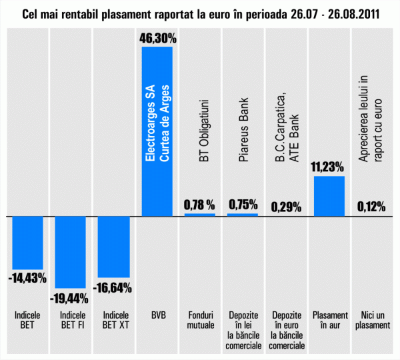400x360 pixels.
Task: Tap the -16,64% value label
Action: click(x=114, y=288)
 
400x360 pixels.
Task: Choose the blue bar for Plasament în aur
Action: click(x=329, y=196)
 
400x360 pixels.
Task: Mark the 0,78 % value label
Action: click(x=199, y=205)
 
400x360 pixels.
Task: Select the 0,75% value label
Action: click(x=243, y=205)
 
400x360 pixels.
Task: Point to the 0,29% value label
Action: click(x=286, y=207)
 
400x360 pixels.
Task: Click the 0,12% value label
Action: click(x=371, y=207)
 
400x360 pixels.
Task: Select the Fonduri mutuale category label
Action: click(x=199, y=319)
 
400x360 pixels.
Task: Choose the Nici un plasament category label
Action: click(x=371, y=319)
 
